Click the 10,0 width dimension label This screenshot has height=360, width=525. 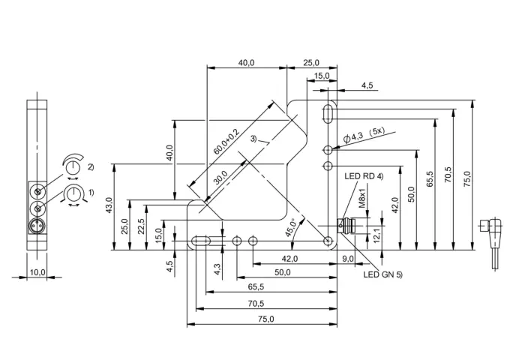point(37,272)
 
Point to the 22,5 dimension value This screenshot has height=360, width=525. point(141,226)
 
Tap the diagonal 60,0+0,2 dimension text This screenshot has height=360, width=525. point(226,142)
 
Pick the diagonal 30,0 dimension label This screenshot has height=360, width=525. point(220,178)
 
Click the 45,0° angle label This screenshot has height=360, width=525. point(290,228)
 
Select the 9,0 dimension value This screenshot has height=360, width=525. point(348,259)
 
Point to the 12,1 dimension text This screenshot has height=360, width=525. point(376,235)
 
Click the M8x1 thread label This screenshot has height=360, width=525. point(362,197)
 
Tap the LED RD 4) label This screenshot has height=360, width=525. point(364,176)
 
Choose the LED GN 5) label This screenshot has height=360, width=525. point(383,274)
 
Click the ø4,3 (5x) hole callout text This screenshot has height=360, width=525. point(364,134)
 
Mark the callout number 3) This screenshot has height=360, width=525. point(253,138)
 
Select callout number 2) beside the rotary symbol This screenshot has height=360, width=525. point(91,166)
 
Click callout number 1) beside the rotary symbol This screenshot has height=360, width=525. point(91,193)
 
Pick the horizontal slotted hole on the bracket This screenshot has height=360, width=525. point(201,241)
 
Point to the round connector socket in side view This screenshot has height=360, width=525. point(37,225)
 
